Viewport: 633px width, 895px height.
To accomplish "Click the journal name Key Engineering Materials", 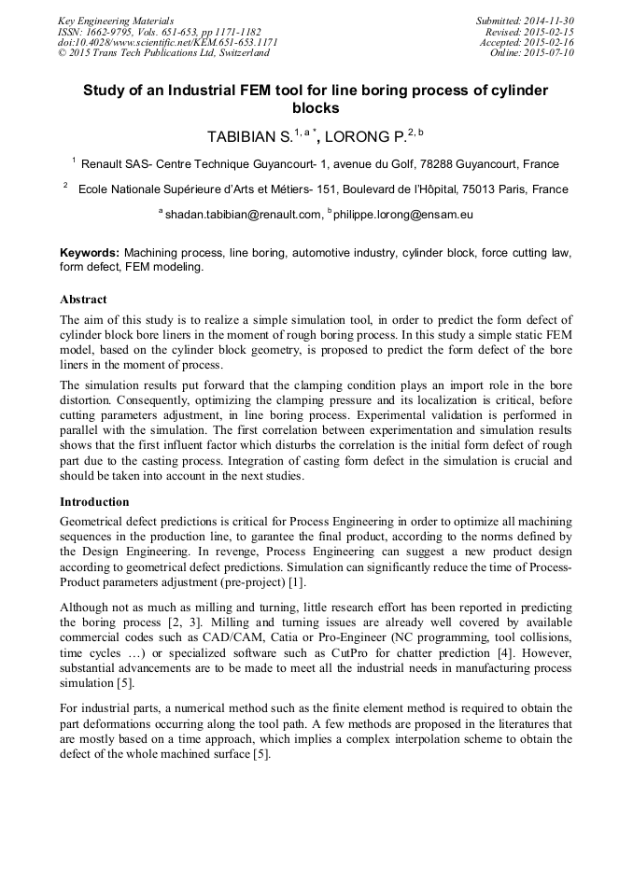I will click(x=116, y=21).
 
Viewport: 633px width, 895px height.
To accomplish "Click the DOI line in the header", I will click(x=168, y=43).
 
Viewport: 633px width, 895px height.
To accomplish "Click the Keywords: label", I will click(x=90, y=253).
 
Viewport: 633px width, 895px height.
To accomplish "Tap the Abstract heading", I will click(x=83, y=300).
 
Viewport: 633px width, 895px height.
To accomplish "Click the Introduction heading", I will click(x=94, y=501).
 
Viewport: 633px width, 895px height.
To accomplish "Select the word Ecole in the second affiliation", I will click(x=95, y=189).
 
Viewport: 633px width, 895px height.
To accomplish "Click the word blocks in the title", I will click(x=316, y=108).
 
